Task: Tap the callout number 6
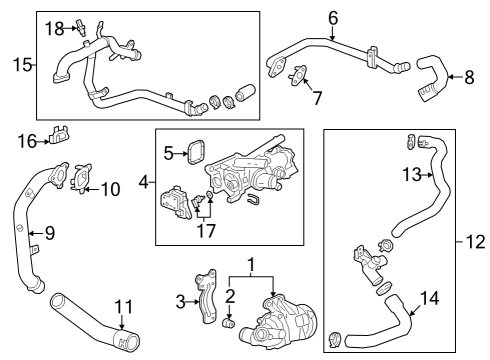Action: pyautogui.click(x=332, y=17)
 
